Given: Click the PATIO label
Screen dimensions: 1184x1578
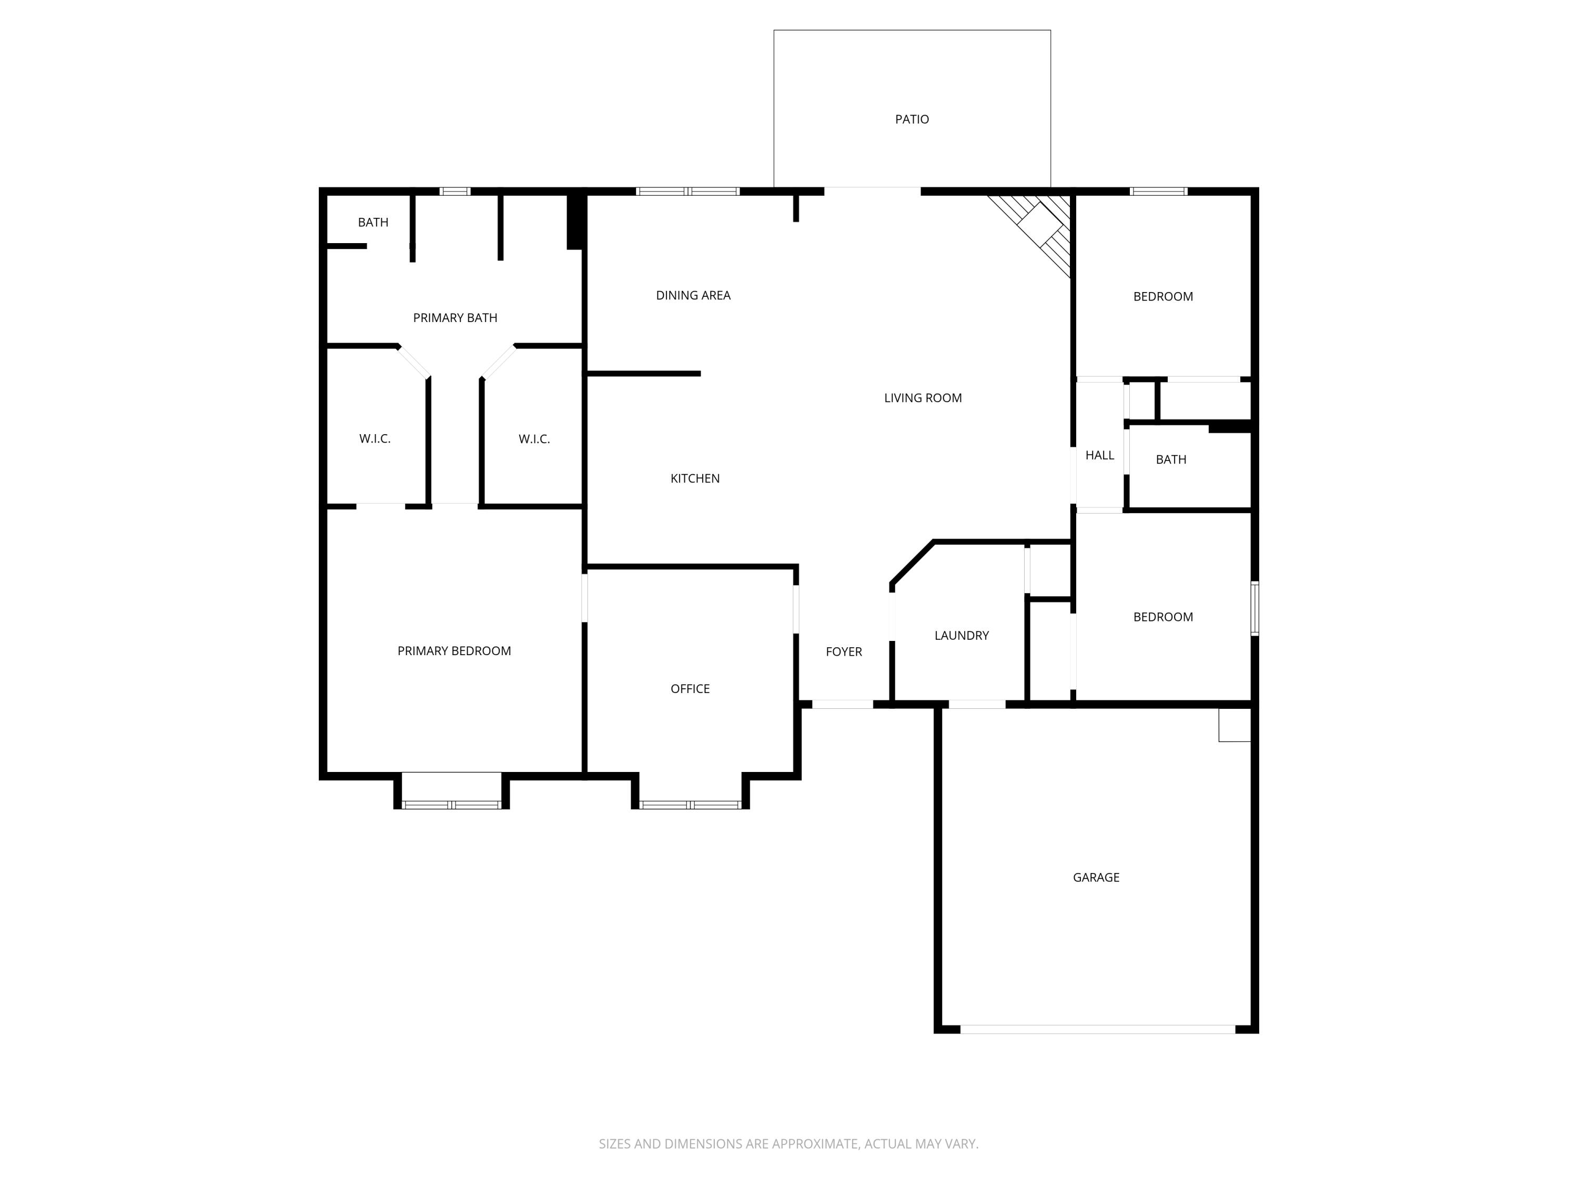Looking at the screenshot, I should point(912,119).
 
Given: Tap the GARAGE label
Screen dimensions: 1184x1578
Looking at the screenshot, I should point(1096,877).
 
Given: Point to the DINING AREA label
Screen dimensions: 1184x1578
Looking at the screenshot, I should point(693,295).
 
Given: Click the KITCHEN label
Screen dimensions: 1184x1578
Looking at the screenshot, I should point(695,479).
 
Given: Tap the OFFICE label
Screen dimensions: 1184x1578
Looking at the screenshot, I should point(690,689).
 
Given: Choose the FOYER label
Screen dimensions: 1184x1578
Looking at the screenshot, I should point(844,651).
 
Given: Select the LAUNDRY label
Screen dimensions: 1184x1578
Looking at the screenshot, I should point(961,635).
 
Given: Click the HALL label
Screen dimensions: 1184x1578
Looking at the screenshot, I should point(1099,455).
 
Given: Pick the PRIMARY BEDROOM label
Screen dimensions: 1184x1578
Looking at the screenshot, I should point(454,651).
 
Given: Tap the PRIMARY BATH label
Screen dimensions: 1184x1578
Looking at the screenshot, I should point(455,318).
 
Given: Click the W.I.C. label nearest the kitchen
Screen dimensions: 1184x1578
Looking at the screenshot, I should point(533,439).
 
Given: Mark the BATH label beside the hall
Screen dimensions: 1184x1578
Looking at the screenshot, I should point(1171,459).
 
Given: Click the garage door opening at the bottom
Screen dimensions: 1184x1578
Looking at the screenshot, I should point(1097,1029).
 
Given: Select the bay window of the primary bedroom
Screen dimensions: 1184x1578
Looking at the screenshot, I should point(451,804).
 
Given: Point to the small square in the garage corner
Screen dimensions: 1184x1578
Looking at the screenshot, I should point(1234,725).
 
